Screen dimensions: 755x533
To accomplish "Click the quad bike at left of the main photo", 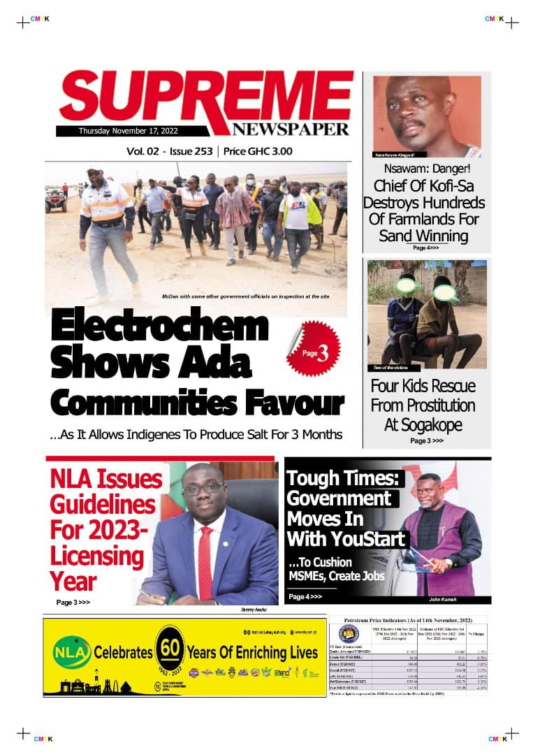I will [x=56, y=200].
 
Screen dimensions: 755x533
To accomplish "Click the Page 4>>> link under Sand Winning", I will [x=425, y=247].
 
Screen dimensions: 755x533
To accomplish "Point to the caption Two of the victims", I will [x=387, y=368].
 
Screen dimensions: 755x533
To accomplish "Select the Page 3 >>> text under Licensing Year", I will [x=73, y=602].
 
